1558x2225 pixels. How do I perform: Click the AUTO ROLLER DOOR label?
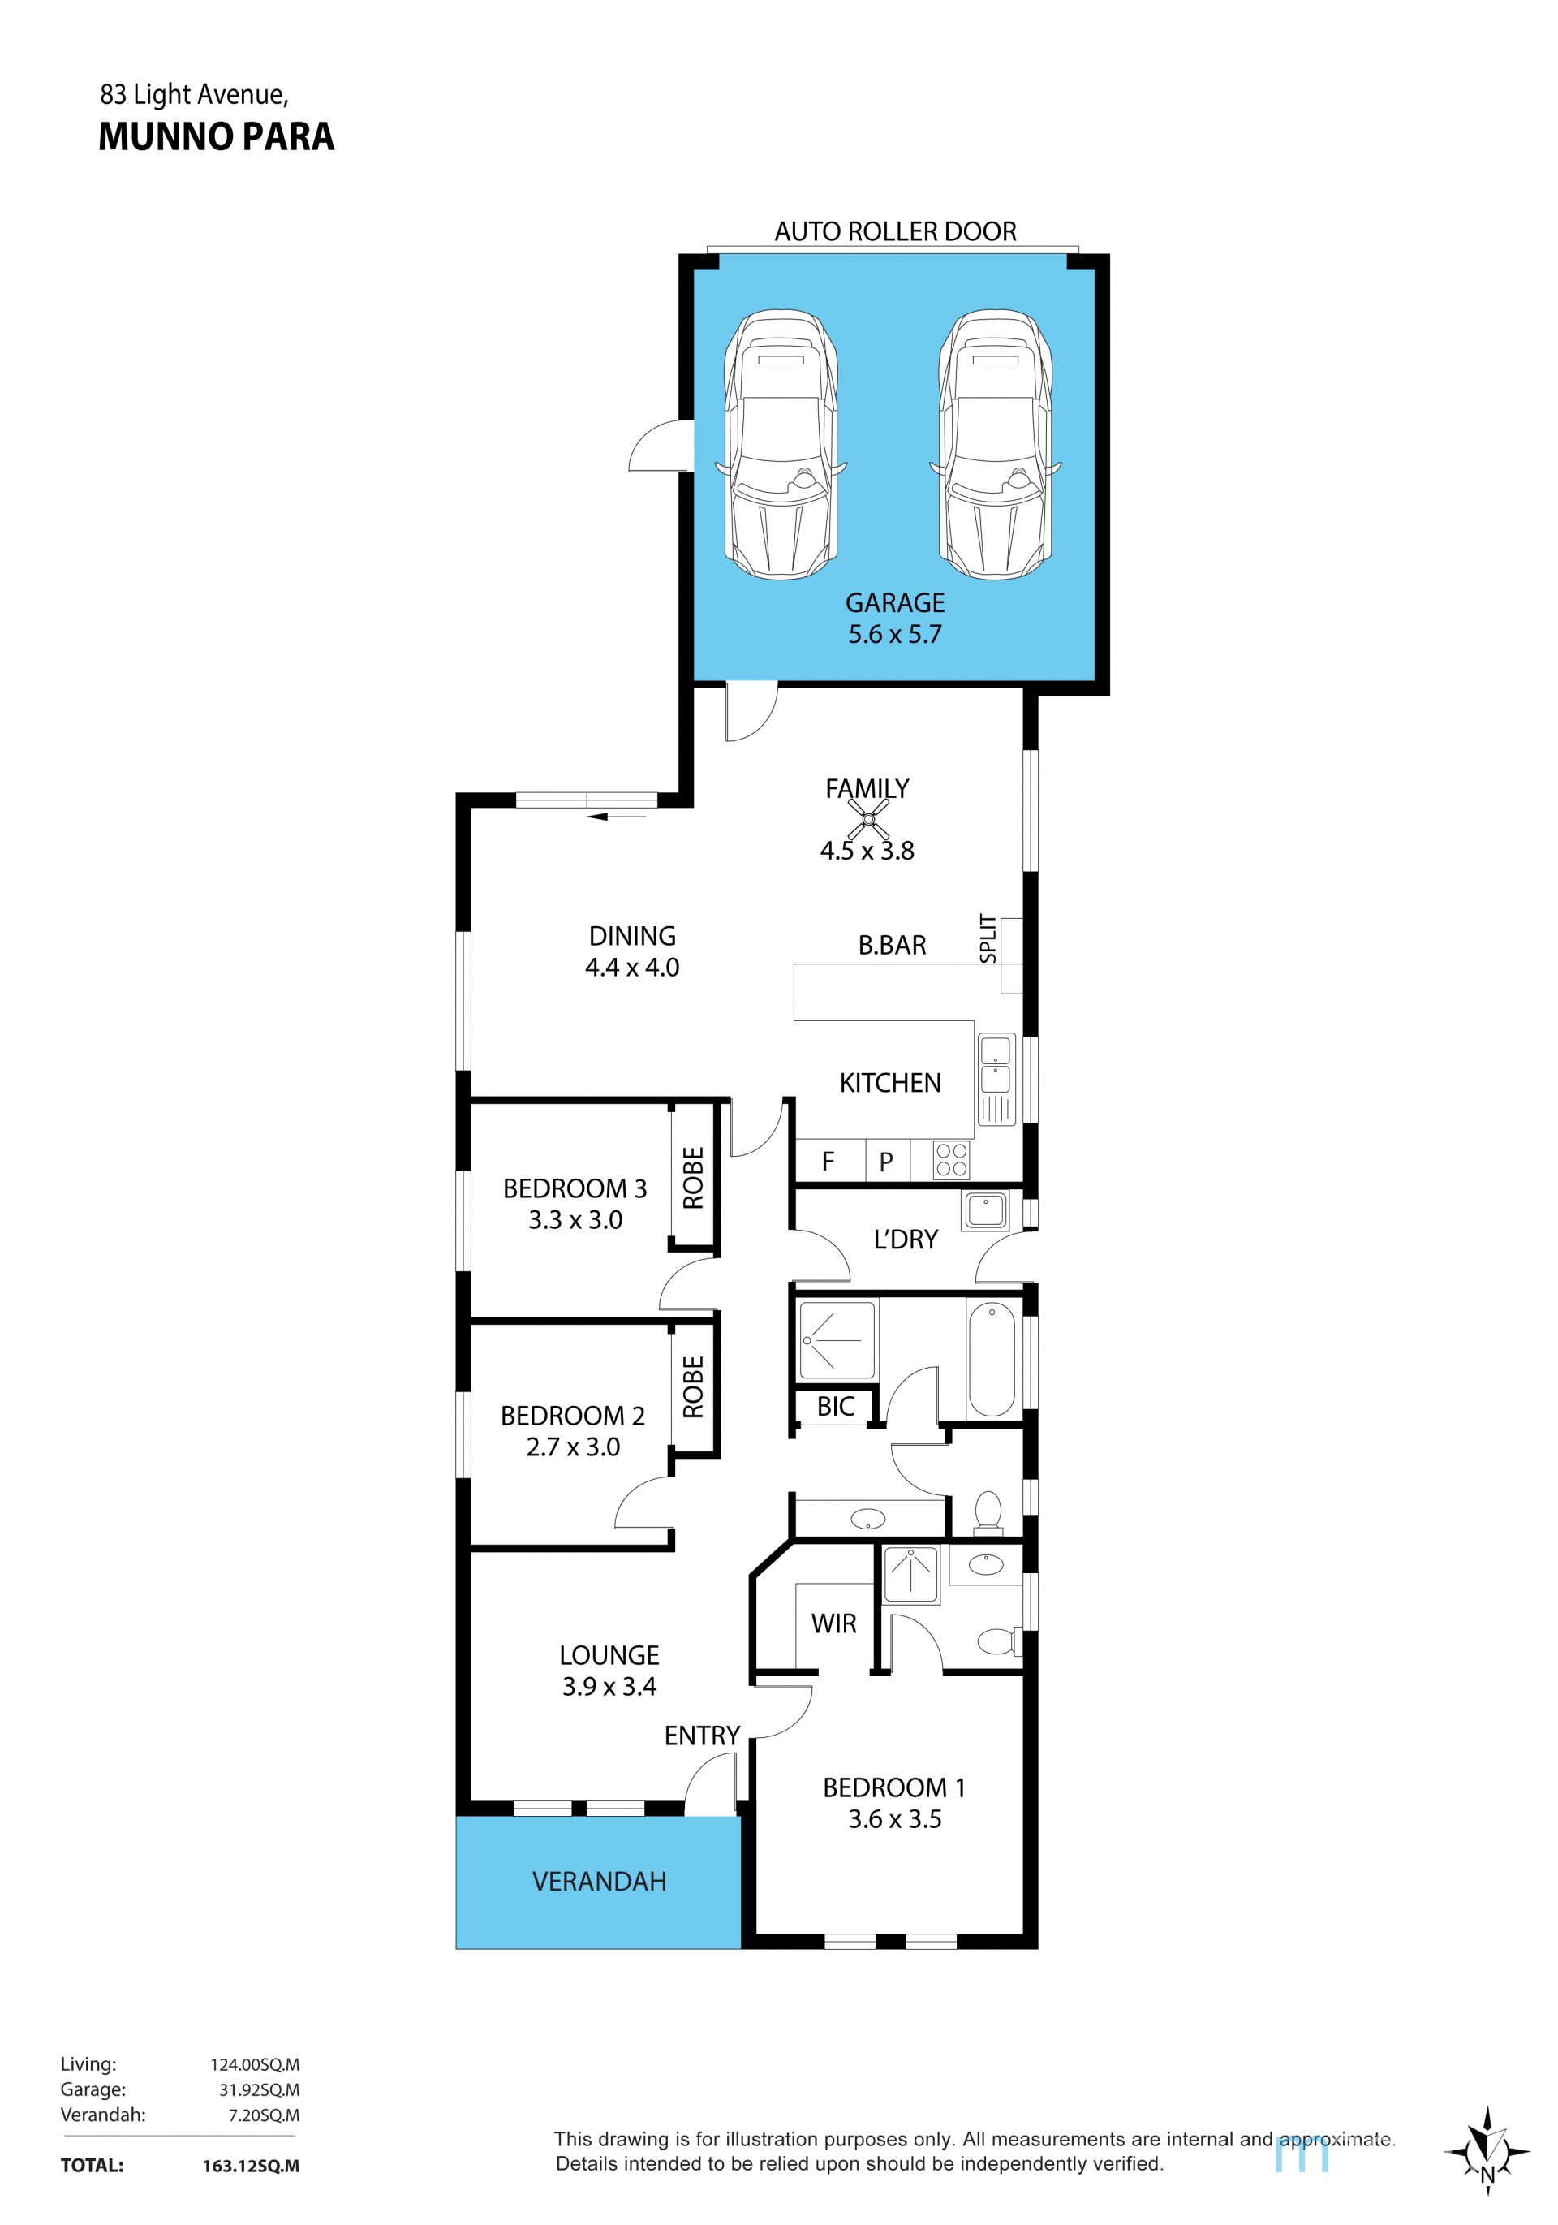point(895,231)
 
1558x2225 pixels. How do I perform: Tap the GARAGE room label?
point(894,603)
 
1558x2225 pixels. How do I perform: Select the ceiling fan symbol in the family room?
point(868,820)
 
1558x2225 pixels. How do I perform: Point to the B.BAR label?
point(892,945)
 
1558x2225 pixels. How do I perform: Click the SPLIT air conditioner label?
point(988,938)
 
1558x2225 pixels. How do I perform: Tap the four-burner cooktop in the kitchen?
point(950,1160)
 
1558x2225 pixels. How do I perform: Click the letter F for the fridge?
point(828,1161)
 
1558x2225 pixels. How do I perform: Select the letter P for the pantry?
point(885,1162)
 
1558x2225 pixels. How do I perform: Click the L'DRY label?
point(905,1240)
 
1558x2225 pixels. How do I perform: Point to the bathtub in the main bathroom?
point(990,1359)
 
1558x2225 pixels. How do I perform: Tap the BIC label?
point(835,1406)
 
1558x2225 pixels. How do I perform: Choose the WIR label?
point(833,1623)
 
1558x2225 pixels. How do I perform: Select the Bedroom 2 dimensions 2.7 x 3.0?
point(573,1447)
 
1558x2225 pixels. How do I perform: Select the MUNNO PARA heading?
point(216,136)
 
